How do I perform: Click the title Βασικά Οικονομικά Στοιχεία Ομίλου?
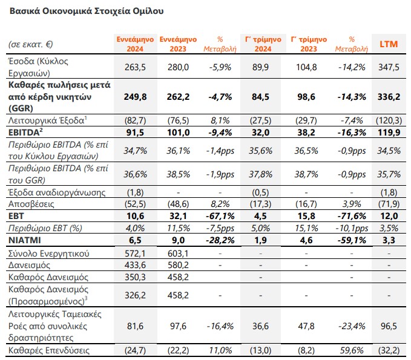pyautogui.click(x=87, y=11)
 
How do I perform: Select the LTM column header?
pyautogui.click(x=389, y=44)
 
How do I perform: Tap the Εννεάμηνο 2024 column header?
pyautogui.click(x=135, y=44)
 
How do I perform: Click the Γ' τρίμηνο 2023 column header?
pyautogui.click(x=309, y=44)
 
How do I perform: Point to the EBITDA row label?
pyautogui.click(x=25, y=132)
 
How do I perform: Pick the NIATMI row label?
pyautogui.click(x=25, y=240)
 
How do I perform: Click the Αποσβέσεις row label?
pyautogui.click(x=31, y=204)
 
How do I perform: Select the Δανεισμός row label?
pyautogui.click(x=29, y=265)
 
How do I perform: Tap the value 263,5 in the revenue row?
pyautogui.click(x=135, y=67)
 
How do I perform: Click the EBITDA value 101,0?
pyautogui.click(x=178, y=133)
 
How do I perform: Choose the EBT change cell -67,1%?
pyautogui.click(x=220, y=216)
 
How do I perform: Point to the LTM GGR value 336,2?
pyautogui.click(x=389, y=97)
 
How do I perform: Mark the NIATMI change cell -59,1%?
pyautogui.click(x=352, y=240)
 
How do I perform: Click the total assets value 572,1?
pyautogui.click(x=135, y=254)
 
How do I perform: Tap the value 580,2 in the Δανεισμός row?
pyautogui.click(x=178, y=265)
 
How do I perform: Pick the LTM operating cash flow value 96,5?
pyautogui.click(x=389, y=326)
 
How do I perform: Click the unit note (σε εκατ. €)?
pyautogui.click(x=31, y=44)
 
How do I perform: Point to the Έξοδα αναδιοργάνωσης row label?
pyautogui.click(x=57, y=192)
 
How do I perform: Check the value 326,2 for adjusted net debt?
pyautogui.click(x=135, y=295)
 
